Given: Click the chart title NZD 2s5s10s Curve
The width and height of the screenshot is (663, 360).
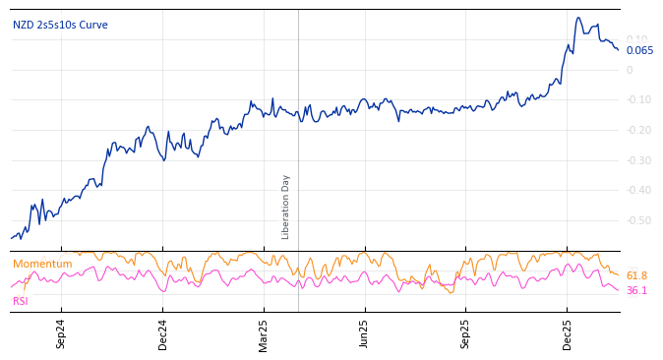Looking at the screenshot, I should click(x=60, y=25).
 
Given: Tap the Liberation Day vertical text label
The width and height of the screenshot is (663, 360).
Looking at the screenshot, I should click(x=286, y=207).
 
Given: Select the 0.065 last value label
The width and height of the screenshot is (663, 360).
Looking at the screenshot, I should click(x=639, y=51).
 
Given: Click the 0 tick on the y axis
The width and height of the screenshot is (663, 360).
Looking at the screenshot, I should click(x=630, y=70).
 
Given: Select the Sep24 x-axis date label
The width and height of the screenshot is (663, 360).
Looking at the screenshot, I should click(x=61, y=333).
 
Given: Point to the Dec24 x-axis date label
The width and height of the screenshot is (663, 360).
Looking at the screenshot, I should click(x=163, y=333).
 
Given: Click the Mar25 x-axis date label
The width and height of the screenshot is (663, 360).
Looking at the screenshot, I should click(x=264, y=333).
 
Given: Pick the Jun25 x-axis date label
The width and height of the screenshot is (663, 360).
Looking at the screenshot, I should click(x=364, y=333).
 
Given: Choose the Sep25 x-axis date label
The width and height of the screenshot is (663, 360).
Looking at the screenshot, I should click(x=465, y=333).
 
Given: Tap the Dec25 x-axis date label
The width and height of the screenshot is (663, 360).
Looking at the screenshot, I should click(x=568, y=333).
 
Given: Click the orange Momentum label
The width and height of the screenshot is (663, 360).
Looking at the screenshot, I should click(x=42, y=264).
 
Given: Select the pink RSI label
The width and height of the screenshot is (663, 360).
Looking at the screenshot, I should click(x=21, y=301).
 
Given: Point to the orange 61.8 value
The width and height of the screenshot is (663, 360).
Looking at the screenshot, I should click(x=636, y=276).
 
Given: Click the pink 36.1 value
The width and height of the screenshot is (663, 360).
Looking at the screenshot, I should click(x=636, y=290).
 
